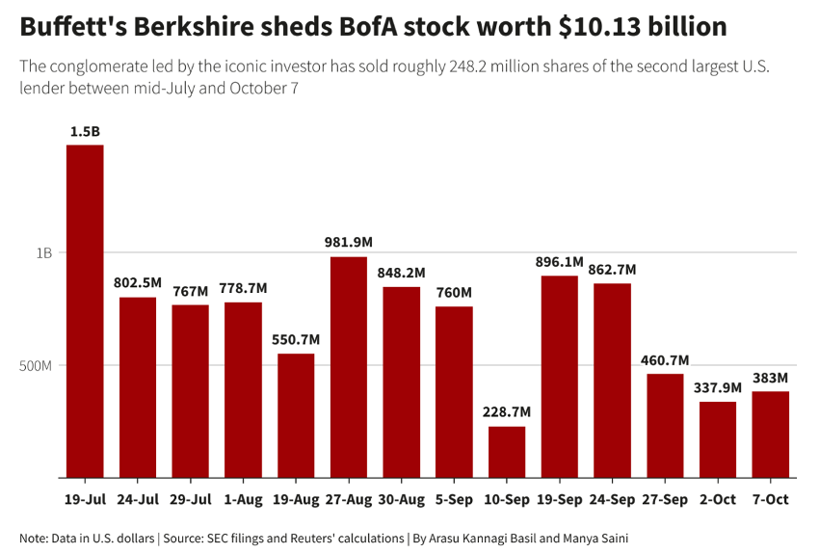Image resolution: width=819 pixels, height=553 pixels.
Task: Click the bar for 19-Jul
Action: point(85,311)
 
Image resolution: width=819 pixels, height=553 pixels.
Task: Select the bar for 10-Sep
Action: point(507,452)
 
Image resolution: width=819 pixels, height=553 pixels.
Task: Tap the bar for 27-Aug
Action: point(349,367)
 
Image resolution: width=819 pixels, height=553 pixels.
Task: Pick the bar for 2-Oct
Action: point(718,439)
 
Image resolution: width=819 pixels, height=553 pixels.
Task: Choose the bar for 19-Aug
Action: point(296,415)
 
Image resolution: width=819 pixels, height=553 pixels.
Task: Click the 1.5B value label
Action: point(85,131)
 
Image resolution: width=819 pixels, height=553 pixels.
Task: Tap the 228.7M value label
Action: point(507,412)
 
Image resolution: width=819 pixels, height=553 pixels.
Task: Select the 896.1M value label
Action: point(560,262)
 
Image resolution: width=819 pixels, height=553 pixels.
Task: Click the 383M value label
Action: point(771,378)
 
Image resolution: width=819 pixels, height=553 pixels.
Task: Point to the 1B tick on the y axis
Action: point(43,253)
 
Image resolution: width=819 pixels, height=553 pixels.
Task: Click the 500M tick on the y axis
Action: point(37,365)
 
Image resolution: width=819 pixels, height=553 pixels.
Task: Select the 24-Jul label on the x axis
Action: point(138,500)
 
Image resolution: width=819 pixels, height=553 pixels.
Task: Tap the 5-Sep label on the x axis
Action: point(454,500)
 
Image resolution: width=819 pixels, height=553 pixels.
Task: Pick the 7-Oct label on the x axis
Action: point(771,500)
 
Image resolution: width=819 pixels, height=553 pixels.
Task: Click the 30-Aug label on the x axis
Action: point(402,500)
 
